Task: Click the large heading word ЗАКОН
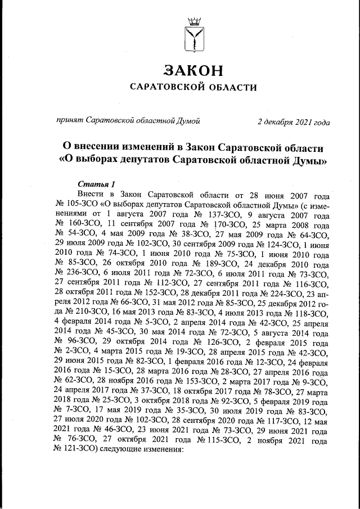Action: [x=193, y=70]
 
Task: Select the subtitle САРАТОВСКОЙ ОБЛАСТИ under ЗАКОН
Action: [x=193, y=87]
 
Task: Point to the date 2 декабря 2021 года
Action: [x=294, y=121]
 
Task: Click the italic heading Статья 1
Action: [x=96, y=184]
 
